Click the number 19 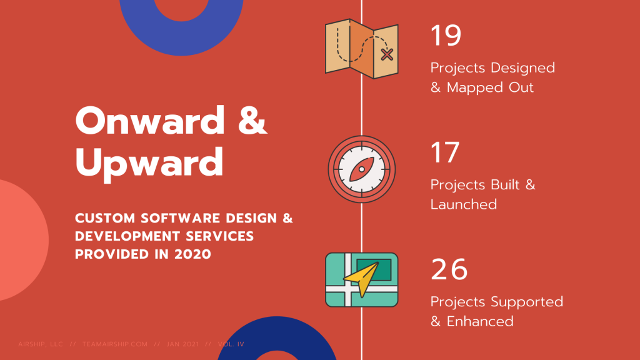click(x=446, y=35)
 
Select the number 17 click(x=445, y=152)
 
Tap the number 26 click(x=449, y=269)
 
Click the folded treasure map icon click(x=362, y=49)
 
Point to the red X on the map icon click(x=386, y=54)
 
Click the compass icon click(x=362, y=169)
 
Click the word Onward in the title click(x=150, y=121)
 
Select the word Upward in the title click(x=149, y=163)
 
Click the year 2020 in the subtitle click(x=192, y=254)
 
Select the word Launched click(x=464, y=204)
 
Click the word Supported click(x=527, y=302)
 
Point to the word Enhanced click(x=480, y=321)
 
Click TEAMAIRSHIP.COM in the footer click(x=115, y=344)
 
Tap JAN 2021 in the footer click(x=183, y=344)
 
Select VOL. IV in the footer click(x=231, y=344)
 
